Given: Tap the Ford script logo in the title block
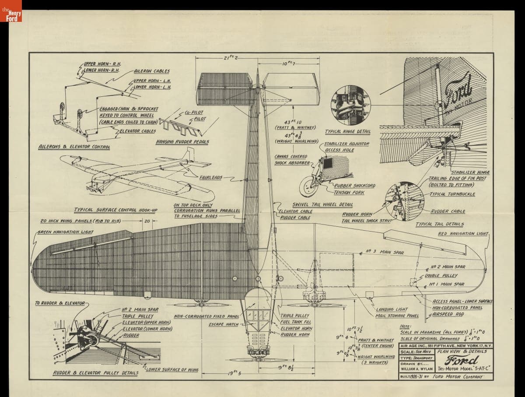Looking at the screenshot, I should [x=458, y=360].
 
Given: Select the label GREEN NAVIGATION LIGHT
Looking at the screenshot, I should [x=65, y=232].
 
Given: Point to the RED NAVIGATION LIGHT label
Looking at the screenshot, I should [x=463, y=234].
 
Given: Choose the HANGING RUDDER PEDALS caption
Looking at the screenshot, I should [x=182, y=142].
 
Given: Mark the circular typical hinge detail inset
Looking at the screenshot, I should [x=350, y=105].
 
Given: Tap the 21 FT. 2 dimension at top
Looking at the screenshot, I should [x=231, y=58].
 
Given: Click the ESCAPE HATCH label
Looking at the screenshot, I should [x=224, y=324].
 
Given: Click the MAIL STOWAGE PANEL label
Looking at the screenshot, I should [x=397, y=315].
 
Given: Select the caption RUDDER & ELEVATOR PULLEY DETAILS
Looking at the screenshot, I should [x=95, y=373].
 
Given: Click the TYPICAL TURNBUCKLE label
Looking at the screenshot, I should [x=452, y=194].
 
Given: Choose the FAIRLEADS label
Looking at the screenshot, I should [x=211, y=178].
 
